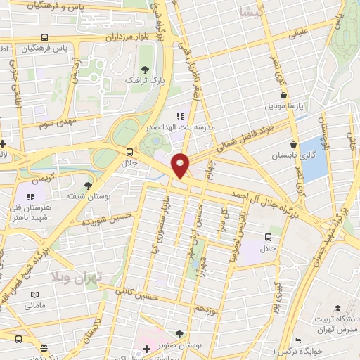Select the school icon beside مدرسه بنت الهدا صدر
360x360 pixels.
[x=180, y=116]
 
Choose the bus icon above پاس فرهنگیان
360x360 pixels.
[x=45, y=37]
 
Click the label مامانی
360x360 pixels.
[x=34, y=305]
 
